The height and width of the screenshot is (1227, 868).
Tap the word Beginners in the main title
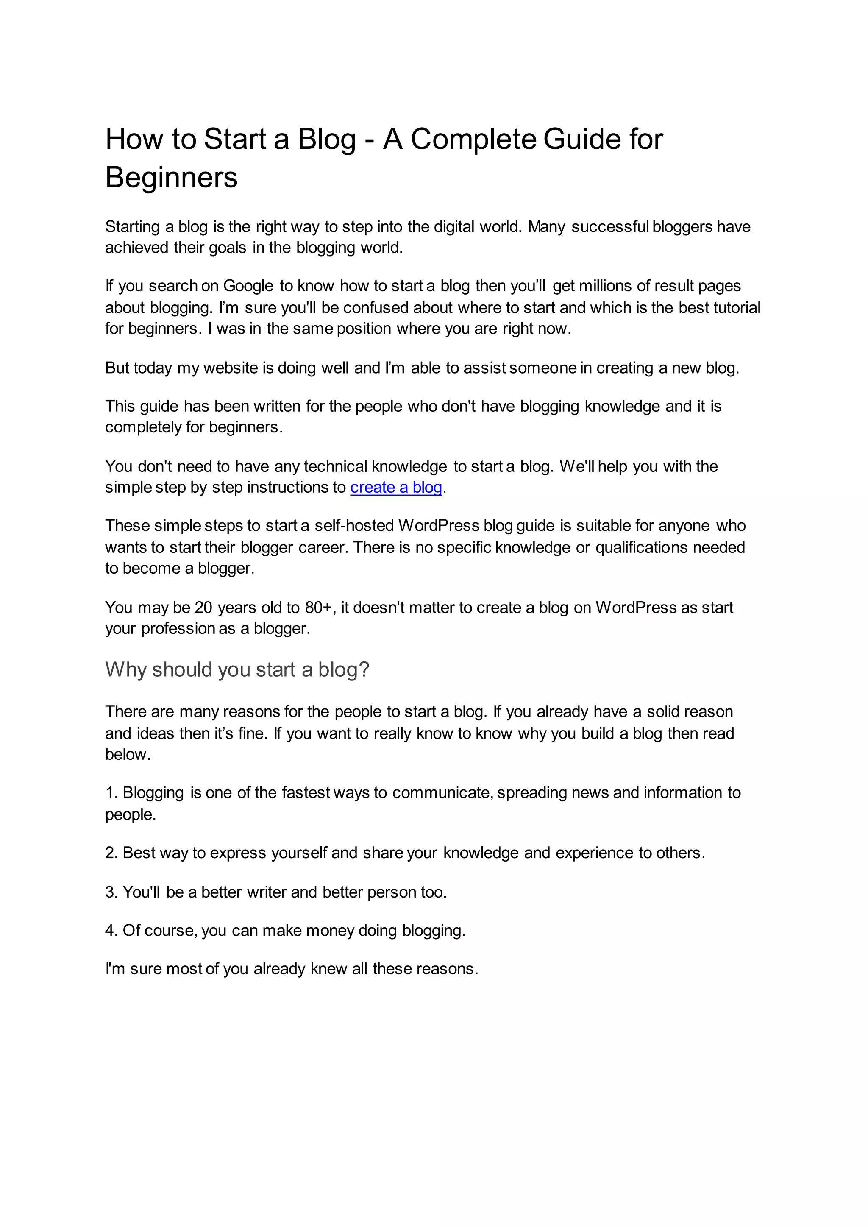click(x=171, y=178)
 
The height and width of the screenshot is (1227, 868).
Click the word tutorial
click(x=734, y=308)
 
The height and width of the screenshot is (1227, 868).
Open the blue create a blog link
click(x=396, y=488)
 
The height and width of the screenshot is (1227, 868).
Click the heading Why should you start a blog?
click(x=237, y=669)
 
